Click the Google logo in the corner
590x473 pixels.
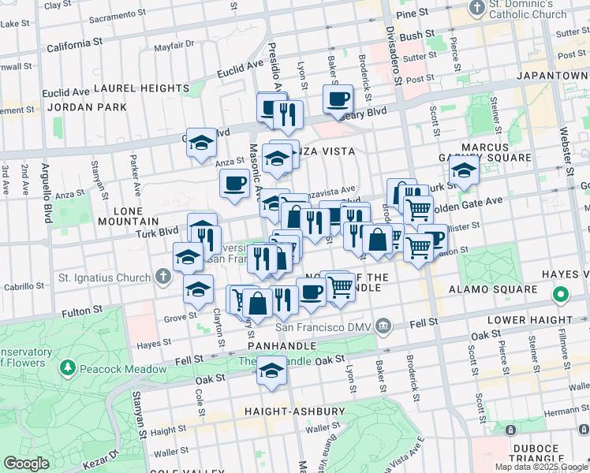point(27,464)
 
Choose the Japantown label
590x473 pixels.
point(552,76)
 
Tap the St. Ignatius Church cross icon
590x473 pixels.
point(162,277)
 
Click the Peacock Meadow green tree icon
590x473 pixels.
point(68,368)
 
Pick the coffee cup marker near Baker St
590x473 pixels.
point(338,100)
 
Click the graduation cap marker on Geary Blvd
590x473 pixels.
point(202,143)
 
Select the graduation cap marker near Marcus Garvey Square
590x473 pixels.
point(464,171)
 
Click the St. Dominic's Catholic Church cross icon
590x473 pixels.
point(476,9)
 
